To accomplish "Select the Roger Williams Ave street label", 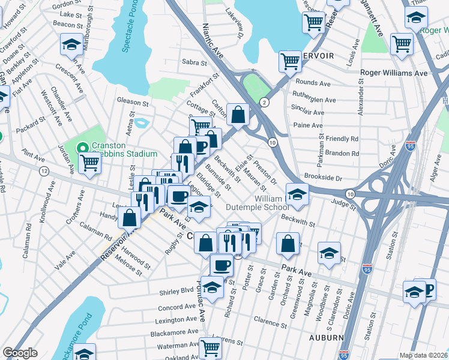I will point(393,73).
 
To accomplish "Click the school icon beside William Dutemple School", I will point(297,194).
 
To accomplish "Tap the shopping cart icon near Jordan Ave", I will point(90,162).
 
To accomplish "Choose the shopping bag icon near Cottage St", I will point(238,113).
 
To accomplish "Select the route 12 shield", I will point(44,171).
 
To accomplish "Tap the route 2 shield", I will point(264,103).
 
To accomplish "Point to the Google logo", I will point(20,353).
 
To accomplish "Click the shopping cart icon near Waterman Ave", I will point(209,346).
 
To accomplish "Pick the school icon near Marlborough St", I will point(71,44).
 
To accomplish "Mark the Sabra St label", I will point(194,62).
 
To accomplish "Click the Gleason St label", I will point(133,103).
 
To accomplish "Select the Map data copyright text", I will point(424,355).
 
